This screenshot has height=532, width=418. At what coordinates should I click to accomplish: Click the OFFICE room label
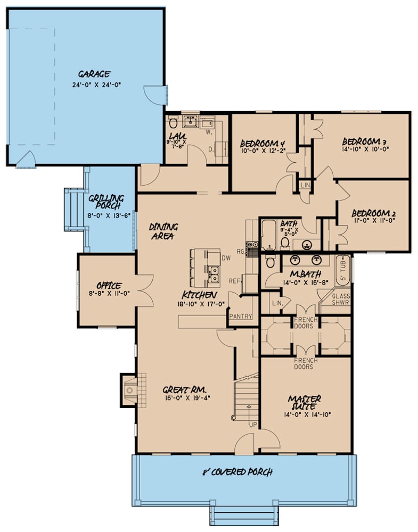[109, 286]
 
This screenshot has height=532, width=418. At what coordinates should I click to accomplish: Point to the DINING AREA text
[163, 231]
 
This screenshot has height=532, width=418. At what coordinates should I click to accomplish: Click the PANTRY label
[240, 317]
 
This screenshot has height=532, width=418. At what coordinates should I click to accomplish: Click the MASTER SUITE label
[304, 402]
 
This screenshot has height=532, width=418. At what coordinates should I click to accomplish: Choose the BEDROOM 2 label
[373, 214]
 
